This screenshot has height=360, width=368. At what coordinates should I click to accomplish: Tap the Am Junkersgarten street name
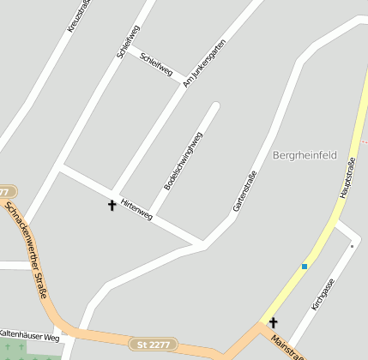(x=204, y=63)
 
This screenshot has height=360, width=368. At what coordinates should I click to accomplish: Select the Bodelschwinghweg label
(x=183, y=160)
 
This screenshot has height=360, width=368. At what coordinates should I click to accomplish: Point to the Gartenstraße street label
(x=244, y=192)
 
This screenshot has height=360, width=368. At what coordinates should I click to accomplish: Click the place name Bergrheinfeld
(x=305, y=155)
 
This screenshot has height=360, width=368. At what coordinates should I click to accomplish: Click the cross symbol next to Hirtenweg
(x=112, y=205)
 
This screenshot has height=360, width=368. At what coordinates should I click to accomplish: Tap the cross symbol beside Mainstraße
(x=274, y=322)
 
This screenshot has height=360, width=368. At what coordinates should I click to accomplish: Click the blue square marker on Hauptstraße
(x=304, y=267)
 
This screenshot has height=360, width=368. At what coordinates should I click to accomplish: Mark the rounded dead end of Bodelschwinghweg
(x=215, y=107)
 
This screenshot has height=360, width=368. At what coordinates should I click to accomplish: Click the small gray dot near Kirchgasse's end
(x=352, y=246)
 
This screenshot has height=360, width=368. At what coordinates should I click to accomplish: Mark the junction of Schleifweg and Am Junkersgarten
(x=182, y=87)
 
